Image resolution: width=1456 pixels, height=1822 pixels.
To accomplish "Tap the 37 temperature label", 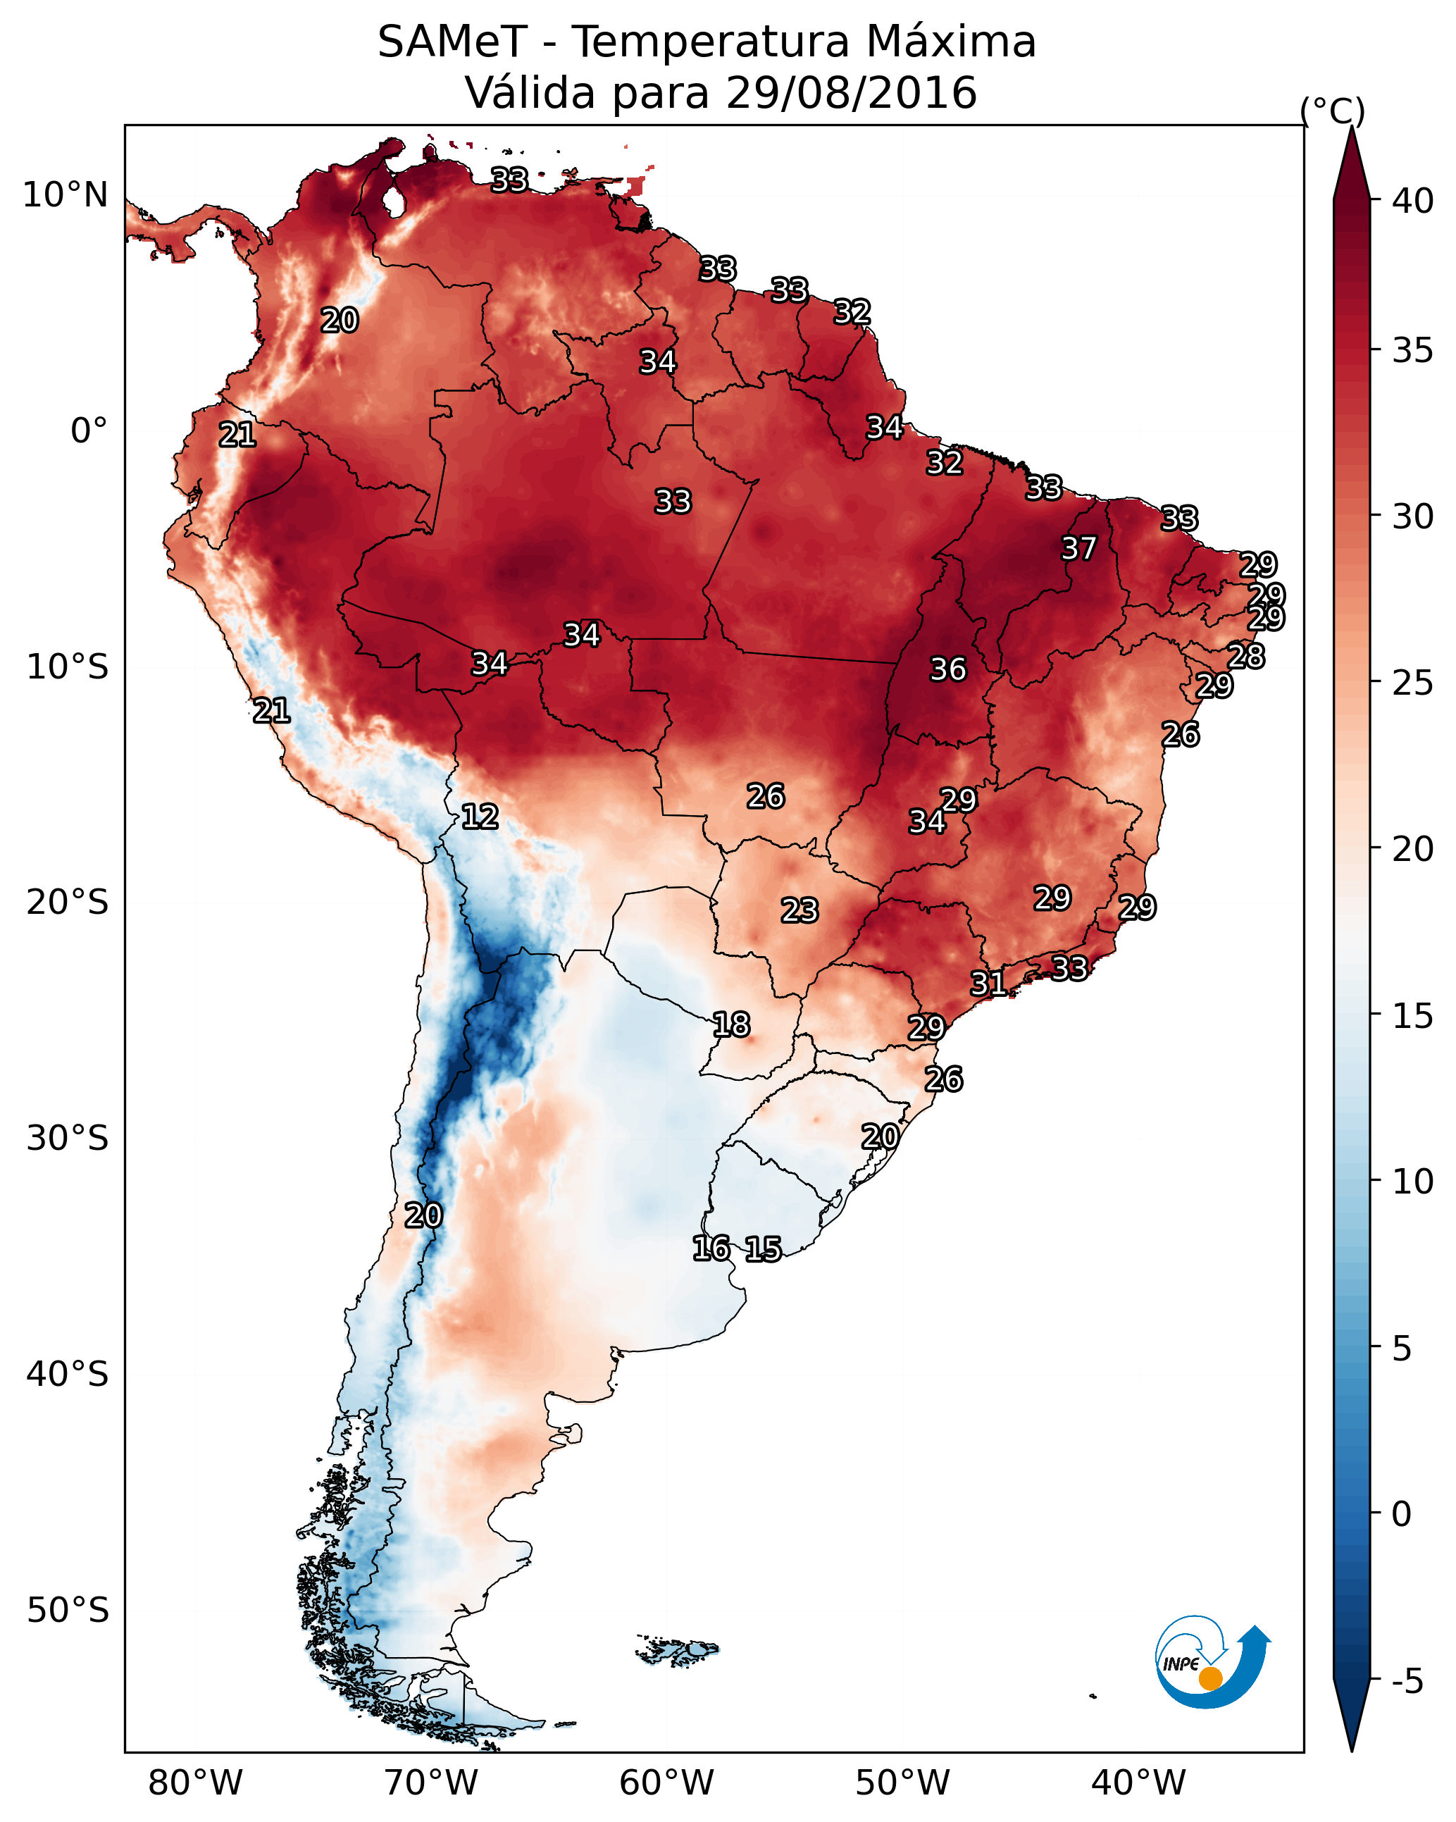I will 1078,548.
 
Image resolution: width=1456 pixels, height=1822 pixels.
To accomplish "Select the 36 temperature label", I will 947,669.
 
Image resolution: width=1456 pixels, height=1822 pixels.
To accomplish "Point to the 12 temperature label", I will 479,817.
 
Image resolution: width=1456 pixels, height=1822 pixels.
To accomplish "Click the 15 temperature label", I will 762,1249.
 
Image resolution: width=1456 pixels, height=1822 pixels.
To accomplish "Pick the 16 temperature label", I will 711,1248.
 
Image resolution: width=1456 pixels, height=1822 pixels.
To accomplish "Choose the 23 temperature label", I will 799,910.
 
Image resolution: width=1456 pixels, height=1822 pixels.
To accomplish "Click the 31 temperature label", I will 988,983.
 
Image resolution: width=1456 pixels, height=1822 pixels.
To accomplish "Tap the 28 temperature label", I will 1245,656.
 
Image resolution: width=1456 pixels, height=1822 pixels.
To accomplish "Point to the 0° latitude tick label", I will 89,431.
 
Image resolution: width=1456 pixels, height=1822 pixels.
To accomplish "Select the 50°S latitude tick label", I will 68,1610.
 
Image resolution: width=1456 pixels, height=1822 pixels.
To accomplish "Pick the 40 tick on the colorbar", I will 1412,201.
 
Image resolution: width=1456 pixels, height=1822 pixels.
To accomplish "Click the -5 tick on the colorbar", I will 1407,1682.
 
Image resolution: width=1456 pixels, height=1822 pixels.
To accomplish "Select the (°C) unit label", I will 1333,111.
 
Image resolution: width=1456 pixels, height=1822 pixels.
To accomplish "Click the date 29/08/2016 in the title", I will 850,92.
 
